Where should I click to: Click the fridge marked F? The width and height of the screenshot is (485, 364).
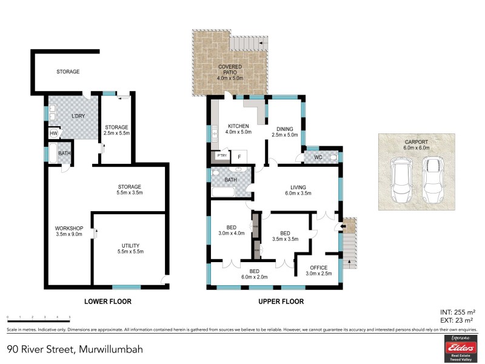239,157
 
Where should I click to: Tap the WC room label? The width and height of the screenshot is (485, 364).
317,158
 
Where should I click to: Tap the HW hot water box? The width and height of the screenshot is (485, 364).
53,133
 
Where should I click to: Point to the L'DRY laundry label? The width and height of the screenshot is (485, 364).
78,116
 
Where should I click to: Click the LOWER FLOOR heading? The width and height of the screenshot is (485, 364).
108,302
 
